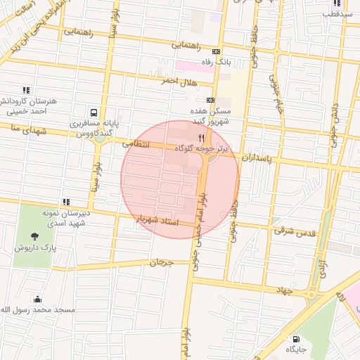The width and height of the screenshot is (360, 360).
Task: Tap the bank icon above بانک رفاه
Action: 216,51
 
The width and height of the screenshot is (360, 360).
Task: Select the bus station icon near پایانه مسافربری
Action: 94,112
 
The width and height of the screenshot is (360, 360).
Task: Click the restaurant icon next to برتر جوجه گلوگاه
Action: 202,138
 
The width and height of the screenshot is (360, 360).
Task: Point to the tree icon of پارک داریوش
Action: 36,236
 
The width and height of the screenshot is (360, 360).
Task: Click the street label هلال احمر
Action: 157,80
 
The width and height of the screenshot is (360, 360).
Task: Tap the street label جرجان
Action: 161,262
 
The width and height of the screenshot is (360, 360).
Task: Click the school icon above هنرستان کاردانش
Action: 27,90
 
